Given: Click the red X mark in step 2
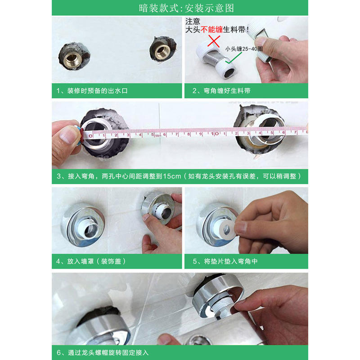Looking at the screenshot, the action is coord(214,41).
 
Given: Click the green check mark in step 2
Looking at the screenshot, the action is coord(233,58).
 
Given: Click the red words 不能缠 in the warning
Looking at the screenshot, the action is coord(211,29).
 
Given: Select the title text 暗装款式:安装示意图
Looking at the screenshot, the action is coord(186,8).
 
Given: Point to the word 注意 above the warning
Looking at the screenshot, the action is coord(193,21).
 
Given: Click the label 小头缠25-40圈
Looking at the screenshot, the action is coord(243,49).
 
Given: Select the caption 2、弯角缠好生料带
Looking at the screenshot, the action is coord(221,91).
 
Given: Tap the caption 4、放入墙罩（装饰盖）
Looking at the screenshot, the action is coord(91,261).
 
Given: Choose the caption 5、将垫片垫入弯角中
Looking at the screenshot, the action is coord(225,261).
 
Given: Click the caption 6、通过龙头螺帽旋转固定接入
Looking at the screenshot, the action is coord(103,352).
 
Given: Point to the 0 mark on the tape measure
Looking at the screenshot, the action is coord(90,136).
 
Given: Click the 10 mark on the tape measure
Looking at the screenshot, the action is coord(215,133).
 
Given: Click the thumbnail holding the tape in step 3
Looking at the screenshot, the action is coord(67,135).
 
